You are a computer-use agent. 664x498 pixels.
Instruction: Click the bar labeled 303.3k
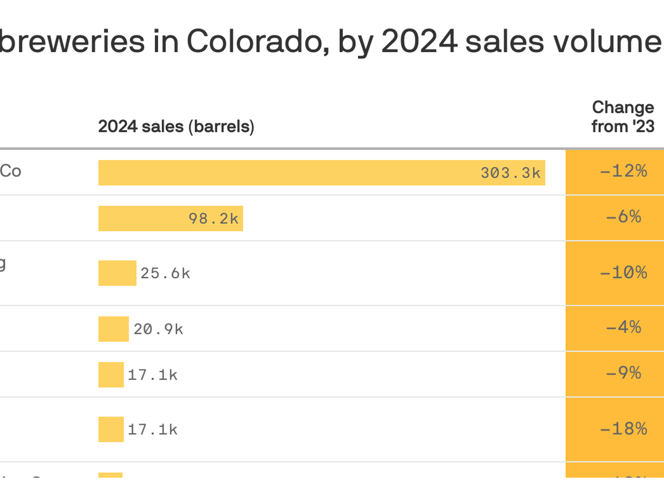tap(290, 173)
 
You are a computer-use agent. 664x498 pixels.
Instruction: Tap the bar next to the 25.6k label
tap(117, 273)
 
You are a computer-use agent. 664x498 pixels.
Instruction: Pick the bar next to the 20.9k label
tap(113, 329)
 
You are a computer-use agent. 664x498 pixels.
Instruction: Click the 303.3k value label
tap(510, 173)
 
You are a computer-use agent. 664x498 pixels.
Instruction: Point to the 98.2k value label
tap(213, 219)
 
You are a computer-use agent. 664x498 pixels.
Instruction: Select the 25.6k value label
tap(165, 273)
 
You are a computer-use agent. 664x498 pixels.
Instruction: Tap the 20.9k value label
tap(158, 330)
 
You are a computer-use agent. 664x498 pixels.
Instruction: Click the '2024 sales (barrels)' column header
tap(176, 127)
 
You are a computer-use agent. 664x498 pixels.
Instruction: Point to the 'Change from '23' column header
tap(622, 117)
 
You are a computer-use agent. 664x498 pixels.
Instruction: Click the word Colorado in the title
tap(258, 41)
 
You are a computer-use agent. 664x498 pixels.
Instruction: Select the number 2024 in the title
tap(419, 41)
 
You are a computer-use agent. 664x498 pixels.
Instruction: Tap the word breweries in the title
tap(73, 41)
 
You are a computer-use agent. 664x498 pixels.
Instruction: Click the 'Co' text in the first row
tap(10, 171)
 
